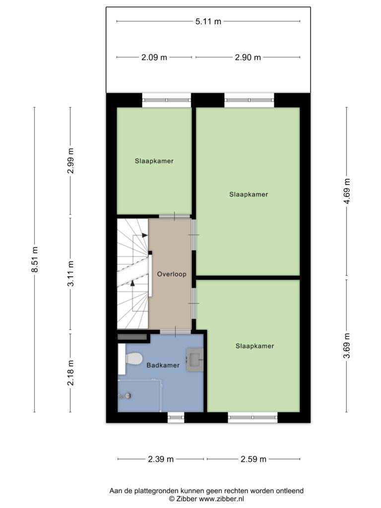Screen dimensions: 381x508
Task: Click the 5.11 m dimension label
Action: click(x=208, y=21)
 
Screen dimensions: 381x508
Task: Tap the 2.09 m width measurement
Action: click(x=154, y=58)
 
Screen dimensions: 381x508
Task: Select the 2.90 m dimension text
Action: click(x=248, y=58)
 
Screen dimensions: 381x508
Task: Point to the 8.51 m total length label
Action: click(x=35, y=259)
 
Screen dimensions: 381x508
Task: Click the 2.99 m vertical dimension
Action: click(x=70, y=161)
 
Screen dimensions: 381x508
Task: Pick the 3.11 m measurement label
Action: click(x=70, y=273)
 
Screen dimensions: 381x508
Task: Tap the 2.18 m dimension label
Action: click(x=70, y=373)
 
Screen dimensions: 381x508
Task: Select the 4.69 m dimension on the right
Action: click(x=347, y=191)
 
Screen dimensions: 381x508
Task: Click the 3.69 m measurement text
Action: click(x=347, y=346)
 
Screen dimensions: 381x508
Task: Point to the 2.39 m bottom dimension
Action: click(x=161, y=459)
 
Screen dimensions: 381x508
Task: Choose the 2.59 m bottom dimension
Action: click(x=254, y=459)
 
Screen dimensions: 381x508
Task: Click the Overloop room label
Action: click(x=172, y=274)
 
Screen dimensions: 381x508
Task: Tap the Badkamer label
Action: click(x=163, y=365)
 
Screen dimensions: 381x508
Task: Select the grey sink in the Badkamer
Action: click(x=194, y=360)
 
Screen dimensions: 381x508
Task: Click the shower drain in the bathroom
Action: click(x=128, y=395)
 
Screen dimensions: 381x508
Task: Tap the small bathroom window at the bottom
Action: click(x=176, y=417)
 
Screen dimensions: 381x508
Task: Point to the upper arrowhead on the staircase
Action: click(x=144, y=235)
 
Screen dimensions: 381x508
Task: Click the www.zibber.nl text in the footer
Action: click(x=221, y=499)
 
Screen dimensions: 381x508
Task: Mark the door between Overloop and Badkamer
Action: click(x=176, y=332)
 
